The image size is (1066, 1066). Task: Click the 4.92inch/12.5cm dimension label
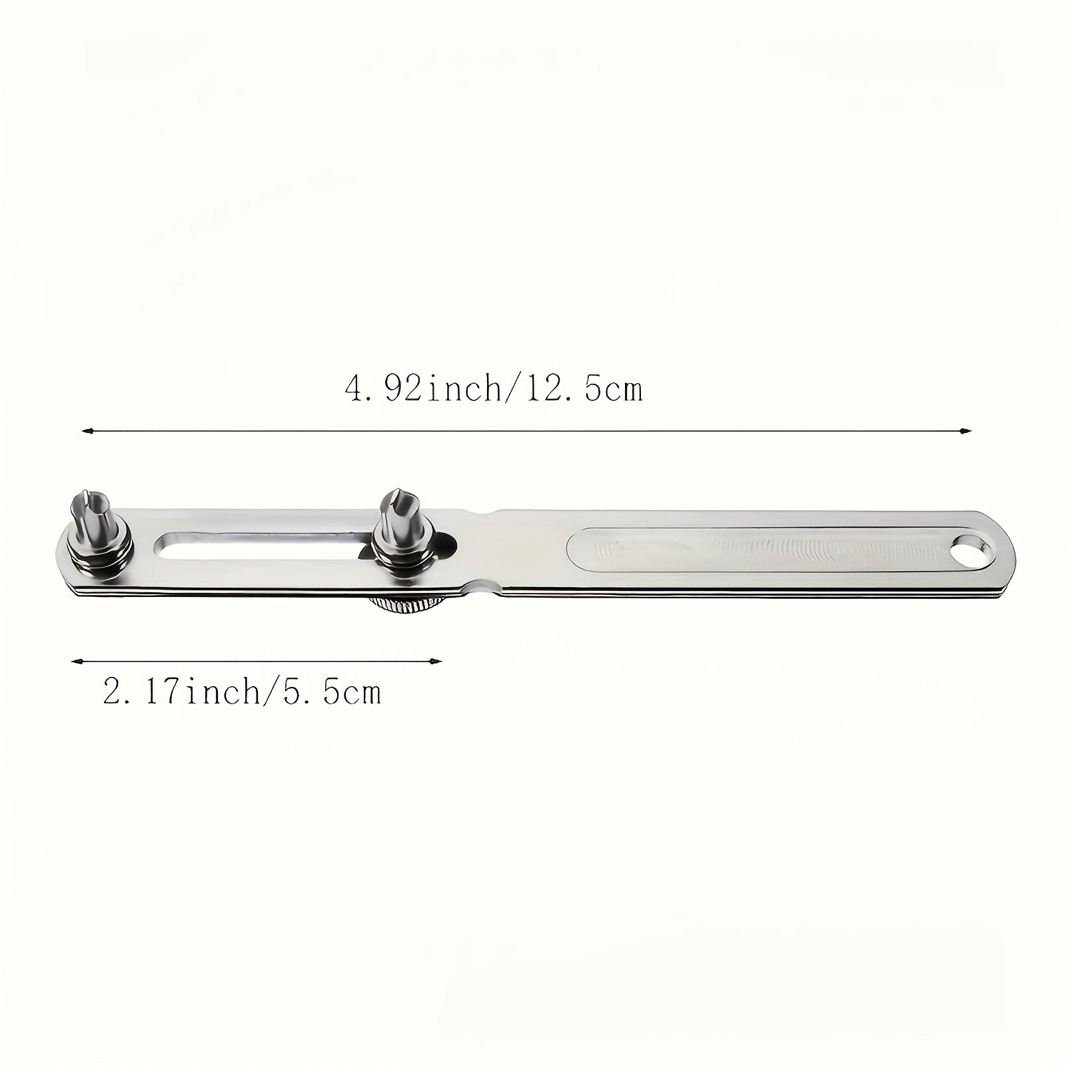(x=494, y=388)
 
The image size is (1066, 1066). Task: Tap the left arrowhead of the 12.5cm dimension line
(x=86, y=432)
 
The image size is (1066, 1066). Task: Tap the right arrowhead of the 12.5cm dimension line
(x=966, y=431)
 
